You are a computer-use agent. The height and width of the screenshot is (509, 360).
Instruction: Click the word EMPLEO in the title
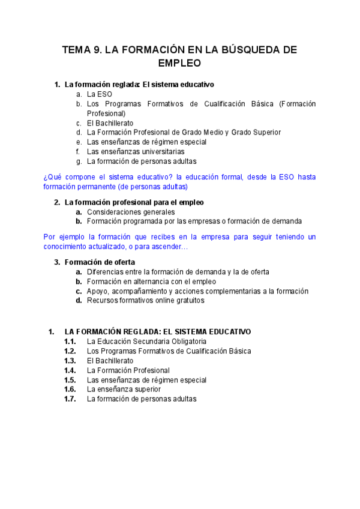[x=179, y=62]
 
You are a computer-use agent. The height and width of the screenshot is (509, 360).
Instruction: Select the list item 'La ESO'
[x=99, y=94]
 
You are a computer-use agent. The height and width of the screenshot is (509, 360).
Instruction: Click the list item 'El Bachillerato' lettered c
[x=110, y=122]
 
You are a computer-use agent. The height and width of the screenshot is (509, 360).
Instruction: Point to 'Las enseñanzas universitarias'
[x=136, y=151]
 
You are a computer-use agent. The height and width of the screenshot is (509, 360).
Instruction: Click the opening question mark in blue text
[x=46, y=177]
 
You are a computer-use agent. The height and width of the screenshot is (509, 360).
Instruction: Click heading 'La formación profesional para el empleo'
[x=134, y=202]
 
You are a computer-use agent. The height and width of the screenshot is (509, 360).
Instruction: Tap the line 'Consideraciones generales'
[x=131, y=212]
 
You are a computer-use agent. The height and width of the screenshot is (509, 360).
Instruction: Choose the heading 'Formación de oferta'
[x=100, y=262]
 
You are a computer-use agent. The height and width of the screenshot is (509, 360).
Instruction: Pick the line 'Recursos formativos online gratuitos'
[x=145, y=300]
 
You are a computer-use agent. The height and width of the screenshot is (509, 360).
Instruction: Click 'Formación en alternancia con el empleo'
[x=151, y=281]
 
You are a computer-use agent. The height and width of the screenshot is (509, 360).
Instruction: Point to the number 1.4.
[x=70, y=370]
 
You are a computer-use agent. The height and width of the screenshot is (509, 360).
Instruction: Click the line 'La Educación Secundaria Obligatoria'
[x=146, y=342]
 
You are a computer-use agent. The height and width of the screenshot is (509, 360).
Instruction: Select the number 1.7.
[x=70, y=399]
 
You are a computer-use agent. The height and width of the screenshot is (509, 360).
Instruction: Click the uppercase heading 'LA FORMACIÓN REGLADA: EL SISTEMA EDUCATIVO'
[x=157, y=331]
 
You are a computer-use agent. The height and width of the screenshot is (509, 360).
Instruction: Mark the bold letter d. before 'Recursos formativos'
[x=79, y=300]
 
